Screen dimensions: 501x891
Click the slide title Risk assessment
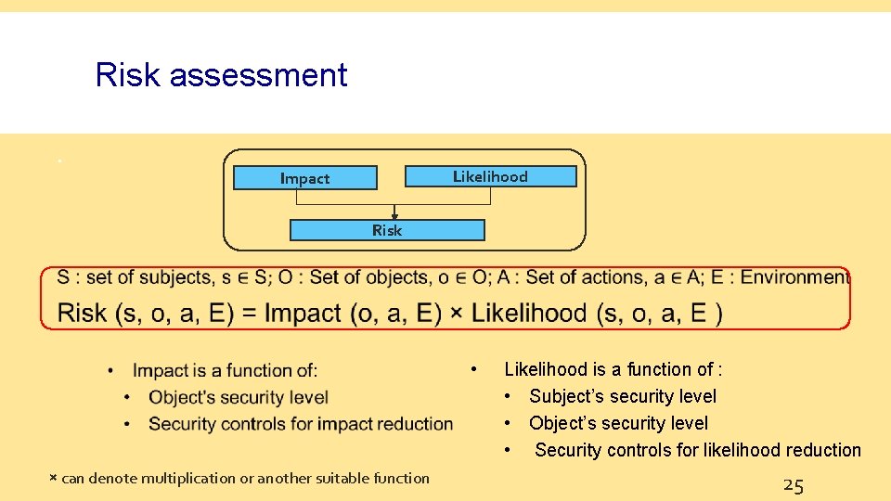pos(221,74)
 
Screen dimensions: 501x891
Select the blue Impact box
pos(304,178)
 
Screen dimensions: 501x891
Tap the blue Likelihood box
pos(490,176)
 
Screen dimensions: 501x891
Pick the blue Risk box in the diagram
pos(387,230)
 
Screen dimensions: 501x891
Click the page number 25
pos(793,484)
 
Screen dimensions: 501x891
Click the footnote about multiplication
pos(239,479)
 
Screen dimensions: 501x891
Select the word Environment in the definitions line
pos(794,277)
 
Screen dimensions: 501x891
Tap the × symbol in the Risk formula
pos(456,313)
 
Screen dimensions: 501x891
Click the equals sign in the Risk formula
pos(249,313)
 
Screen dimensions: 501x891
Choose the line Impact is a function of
pos(225,371)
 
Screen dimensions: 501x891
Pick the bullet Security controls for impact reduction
pos(301,424)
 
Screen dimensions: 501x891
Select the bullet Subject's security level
pos(623,396)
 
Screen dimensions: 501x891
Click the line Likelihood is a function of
pos(613,369)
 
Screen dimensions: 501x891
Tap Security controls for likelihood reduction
pos(698,450)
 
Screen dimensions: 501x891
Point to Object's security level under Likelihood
pos(618,423)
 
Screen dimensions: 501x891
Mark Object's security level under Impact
pos(239,397)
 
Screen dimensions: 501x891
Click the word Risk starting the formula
pos(82,313)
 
